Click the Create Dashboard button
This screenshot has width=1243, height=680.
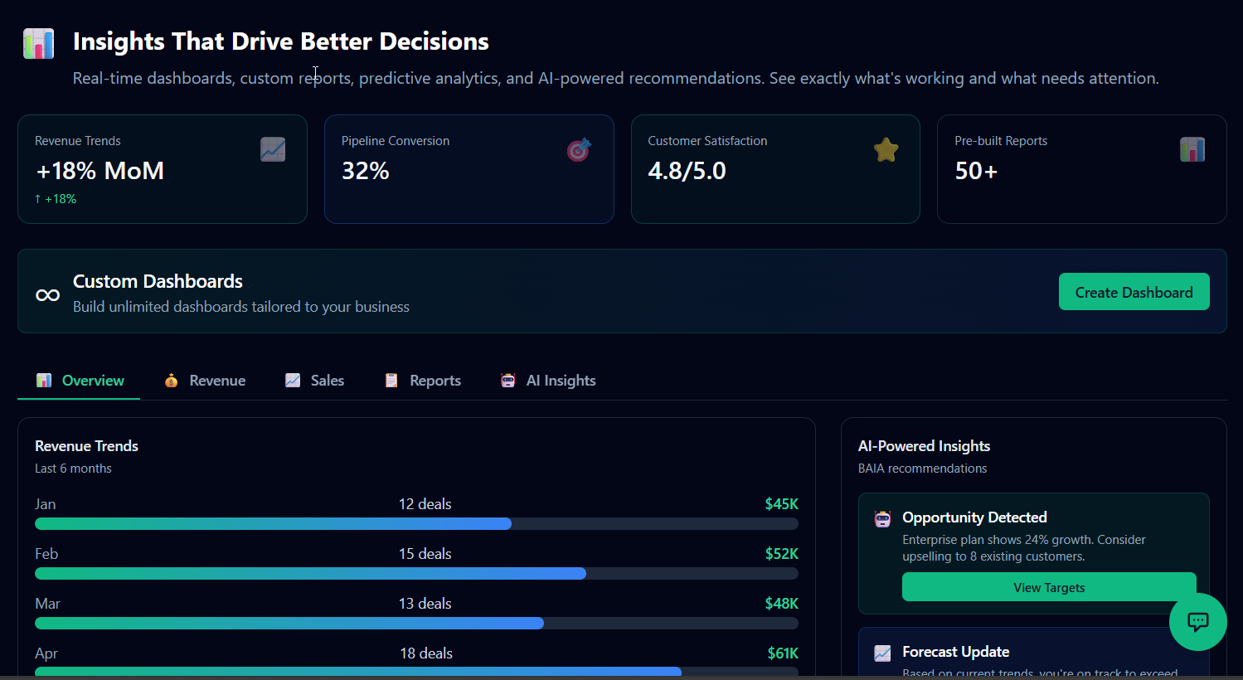[x=1134, y=292]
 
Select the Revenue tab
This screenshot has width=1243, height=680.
[x=206, y=381]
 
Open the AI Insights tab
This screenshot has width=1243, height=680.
[x=548, y=381]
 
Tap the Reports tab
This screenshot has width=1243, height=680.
[x=423, y=381]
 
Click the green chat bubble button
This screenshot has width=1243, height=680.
[x=1197, y=622]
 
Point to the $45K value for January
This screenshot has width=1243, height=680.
[x=781, y=504]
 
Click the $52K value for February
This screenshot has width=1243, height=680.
[x=781, y=554]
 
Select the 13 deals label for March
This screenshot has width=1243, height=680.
[x=425, y=604]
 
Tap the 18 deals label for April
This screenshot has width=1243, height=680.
[x=426, y=653]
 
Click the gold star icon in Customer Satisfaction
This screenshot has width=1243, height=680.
[x=886, y=150]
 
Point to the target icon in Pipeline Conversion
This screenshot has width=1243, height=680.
[x=579, y=150]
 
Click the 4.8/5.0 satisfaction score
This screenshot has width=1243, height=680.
[x=687, y=171]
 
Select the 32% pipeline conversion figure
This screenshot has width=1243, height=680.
[x=366, y=171]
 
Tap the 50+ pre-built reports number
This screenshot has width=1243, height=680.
[x=976, y=171]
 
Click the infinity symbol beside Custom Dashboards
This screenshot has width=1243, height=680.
[x=47, y=295]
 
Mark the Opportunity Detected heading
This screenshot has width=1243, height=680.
[x=974, y=517]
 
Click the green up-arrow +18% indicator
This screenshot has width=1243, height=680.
[x=56, y=199]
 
